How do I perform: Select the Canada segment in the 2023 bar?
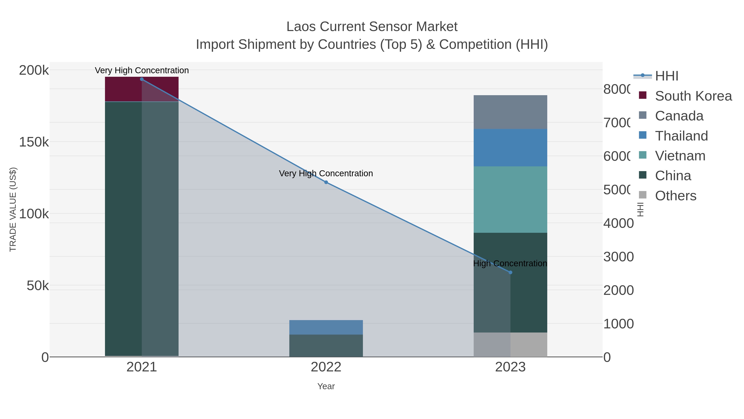click(x=510, y=112)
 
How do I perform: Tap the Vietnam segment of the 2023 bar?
click(x=510, y=199)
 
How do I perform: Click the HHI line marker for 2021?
click(x=142, y=79)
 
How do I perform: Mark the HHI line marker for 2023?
click(x=510, y=272)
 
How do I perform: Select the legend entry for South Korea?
click(x=693, y=96)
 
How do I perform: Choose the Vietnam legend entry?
click(x=680, y=156)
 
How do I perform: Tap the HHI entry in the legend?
click(x=666, y=76)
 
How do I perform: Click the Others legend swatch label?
click(x=675, y=196)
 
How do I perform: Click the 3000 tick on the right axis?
click(x=618, y=257)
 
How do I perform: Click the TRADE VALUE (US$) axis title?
click(x=13, y=209)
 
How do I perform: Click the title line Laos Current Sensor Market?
click(x=372, y=27)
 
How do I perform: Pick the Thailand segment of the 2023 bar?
click(x=510, y=148)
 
